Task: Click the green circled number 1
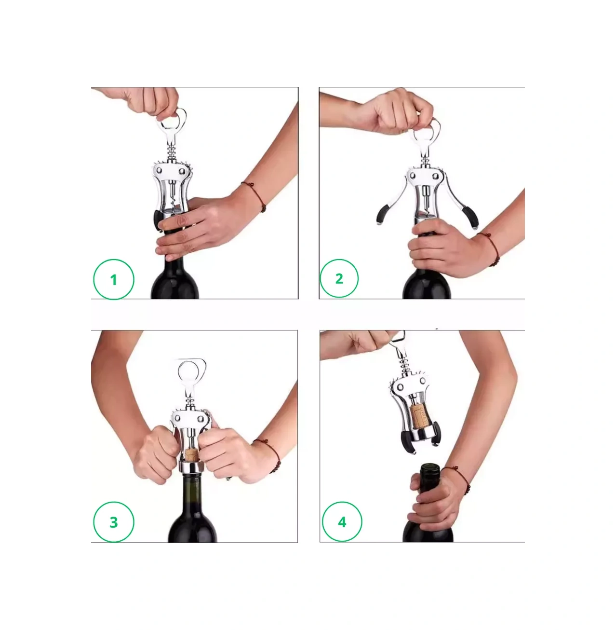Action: (114, 279)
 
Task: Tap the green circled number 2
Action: (339, 278)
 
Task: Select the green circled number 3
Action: (114, 522)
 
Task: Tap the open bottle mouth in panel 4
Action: (430, 466)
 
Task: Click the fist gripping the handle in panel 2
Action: (400, 113)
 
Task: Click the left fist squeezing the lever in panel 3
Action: (158, 454)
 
